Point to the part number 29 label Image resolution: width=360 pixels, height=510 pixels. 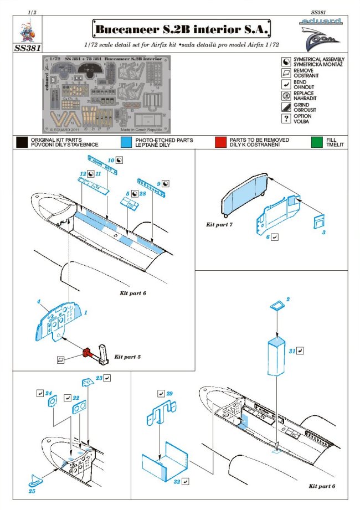169,394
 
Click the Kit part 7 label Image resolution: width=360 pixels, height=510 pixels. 217,225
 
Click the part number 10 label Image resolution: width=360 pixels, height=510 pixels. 110,160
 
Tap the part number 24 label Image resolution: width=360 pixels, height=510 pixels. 48,394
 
